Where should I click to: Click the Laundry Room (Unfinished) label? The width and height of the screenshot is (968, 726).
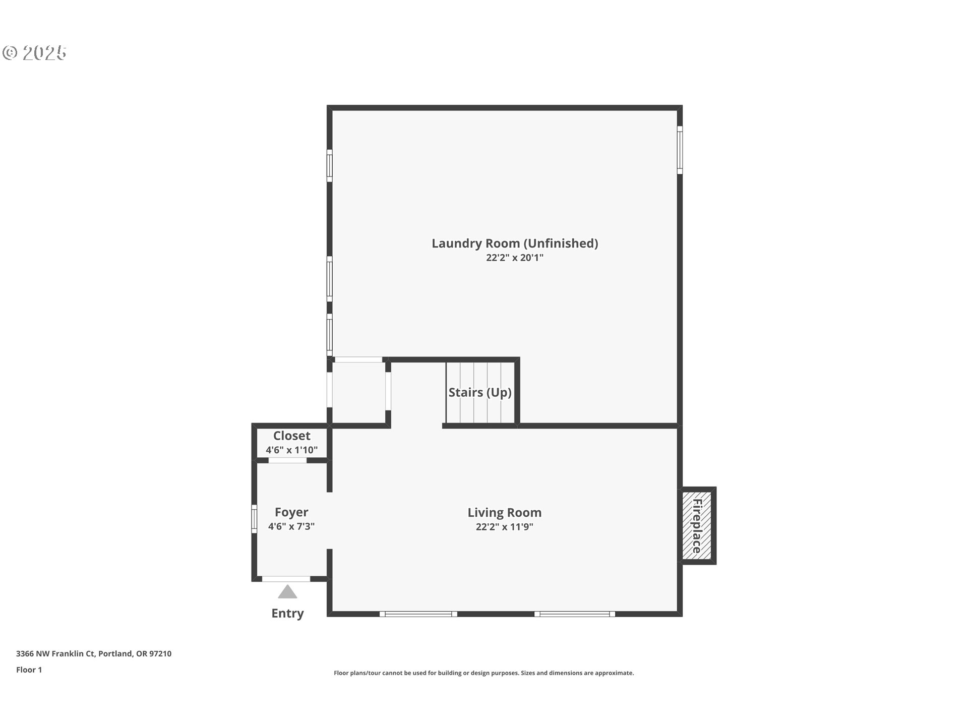click(x=515, y=244)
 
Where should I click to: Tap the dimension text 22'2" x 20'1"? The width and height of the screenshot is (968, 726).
click(x=515, y=258)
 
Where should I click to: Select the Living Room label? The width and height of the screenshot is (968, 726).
click(x=505, y=513)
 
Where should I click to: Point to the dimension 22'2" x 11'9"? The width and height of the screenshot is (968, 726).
click(x=505, y=527)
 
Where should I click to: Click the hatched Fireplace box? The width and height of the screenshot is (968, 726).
click(x=697, y=525)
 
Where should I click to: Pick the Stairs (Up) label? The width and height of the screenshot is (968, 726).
click(x=480, y=392)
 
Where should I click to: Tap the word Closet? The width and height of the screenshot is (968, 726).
click(x=292, y=436)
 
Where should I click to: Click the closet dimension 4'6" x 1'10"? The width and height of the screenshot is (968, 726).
click(x=292, y=450)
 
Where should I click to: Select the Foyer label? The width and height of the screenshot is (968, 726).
click(x=291, y=512)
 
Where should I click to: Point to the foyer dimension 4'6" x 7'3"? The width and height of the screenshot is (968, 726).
click(x=291, y=526)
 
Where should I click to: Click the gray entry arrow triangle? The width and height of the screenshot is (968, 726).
click(x=287, y=591)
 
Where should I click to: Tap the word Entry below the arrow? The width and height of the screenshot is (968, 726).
click(x=287, y=613)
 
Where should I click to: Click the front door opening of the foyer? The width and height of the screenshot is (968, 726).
click(x=286, y=579)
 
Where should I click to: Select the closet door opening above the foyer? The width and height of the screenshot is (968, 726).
click(x=287, y=460)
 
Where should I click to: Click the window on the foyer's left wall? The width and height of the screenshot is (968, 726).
click(x=255, y=519)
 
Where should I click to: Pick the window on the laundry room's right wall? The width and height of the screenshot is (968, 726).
click(x=680, y=150)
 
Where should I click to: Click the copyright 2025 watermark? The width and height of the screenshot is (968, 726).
click(x=34, y=53)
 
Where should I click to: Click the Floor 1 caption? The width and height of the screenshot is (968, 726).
click(x=29, y=670)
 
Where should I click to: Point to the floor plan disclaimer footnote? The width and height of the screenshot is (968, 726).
click(x=484, y=673)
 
